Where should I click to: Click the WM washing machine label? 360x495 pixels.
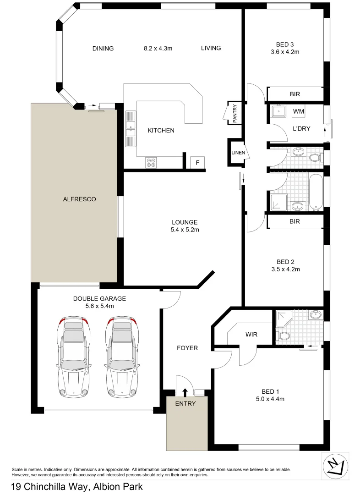[299, 111]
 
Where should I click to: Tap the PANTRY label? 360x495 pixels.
[234, 113]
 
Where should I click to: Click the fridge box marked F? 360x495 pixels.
[197, 163]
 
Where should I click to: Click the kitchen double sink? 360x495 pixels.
[130, 129]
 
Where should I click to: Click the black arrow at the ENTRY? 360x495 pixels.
[185, 392]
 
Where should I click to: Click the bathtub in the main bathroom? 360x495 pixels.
[316, 192]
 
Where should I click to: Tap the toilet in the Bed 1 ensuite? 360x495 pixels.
[284, 336]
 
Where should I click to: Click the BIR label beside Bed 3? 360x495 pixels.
[295, 94]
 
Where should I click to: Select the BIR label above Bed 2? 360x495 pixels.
[295, 221]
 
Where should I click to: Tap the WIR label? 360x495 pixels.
[251, 335]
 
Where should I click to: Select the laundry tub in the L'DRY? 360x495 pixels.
[278, 111]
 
